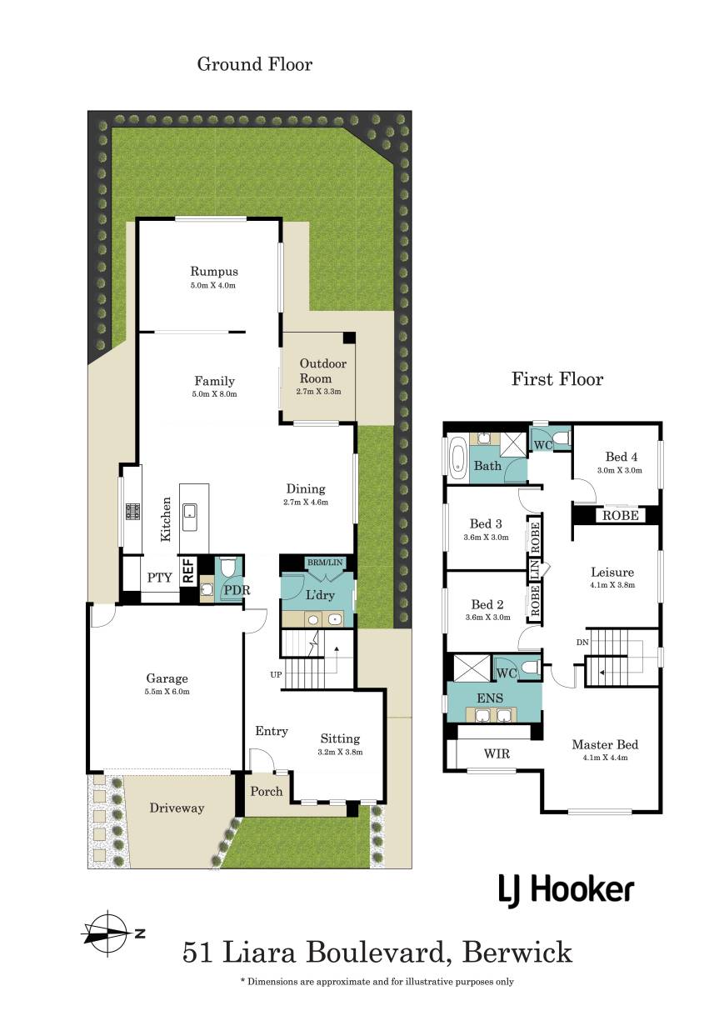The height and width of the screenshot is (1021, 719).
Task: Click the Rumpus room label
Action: click(x=213, y=272)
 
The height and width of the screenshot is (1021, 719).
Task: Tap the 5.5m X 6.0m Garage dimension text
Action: click(x=167, y=692)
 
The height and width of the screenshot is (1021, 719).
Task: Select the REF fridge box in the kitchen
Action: click(x=188, y=572)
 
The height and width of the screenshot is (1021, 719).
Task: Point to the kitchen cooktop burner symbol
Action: click(x=132, y=510)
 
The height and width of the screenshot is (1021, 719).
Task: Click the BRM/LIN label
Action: click(x=325, y=563)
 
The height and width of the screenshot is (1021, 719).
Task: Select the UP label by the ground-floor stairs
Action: click(x=276, y=674)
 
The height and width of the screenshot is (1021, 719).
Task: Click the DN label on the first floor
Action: click(x=582, y=643)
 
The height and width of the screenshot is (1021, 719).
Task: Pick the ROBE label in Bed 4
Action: click(x=620, y=516)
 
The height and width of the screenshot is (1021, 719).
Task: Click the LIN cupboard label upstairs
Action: click(x=535, y=568)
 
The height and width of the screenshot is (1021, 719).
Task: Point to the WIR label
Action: click(x=497, y=753)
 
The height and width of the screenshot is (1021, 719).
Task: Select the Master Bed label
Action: click(x=605, y=745)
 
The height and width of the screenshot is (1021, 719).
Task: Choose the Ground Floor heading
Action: click(x=255, y=64)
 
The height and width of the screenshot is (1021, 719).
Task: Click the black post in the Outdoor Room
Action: click(x=349, y=338)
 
